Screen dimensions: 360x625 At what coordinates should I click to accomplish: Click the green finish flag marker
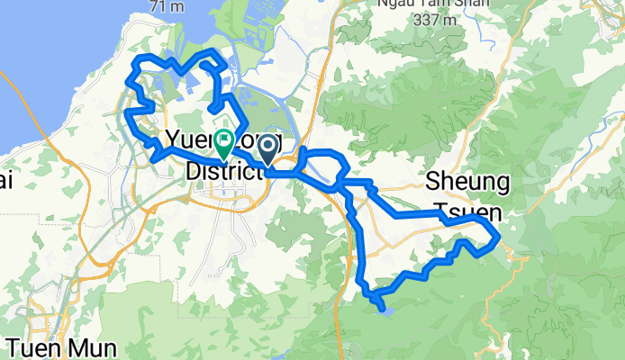tap(222, 141)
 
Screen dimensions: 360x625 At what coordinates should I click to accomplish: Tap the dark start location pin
tap(268, 148)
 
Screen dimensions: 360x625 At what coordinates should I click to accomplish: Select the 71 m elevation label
tap(167, 5)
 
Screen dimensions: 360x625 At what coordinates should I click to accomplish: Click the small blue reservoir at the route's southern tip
tap(385, 310)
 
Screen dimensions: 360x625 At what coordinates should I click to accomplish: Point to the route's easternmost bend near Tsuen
tap(497, 236)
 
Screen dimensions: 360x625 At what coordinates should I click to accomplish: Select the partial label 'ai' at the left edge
tap(5, 183)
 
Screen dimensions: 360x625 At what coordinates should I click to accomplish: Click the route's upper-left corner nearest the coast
tap(139, 60)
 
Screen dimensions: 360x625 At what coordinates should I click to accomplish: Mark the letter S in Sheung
tap(432, 183)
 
